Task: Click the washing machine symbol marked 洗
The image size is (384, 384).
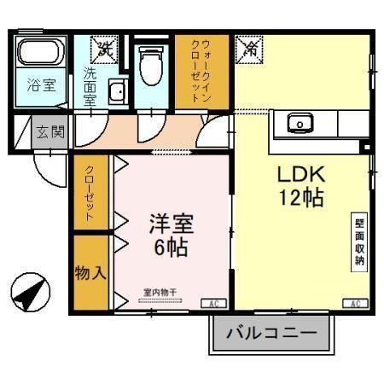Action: point(105,50)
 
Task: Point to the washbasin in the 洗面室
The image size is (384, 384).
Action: point(117,91)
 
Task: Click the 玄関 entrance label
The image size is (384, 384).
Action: point(49,132)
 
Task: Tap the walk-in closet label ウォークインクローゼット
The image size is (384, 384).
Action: point(204,72)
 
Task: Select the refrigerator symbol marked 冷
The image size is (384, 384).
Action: point(251,49)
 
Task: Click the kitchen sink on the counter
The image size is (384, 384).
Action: point(300,124)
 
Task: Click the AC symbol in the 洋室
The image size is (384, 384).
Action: point(211,304)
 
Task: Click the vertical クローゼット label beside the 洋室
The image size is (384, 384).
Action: point(90,193)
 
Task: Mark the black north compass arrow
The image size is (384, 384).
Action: point(29,294)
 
